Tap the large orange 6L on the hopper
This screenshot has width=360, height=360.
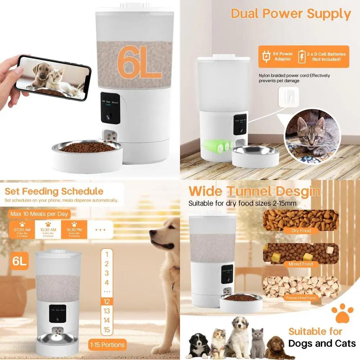(x=139, y=62)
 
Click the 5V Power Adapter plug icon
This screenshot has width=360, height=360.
(x=266, y=57)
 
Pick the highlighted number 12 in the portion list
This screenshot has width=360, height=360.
(x=107, y=302)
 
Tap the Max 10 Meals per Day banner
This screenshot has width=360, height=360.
(x=39, y=214)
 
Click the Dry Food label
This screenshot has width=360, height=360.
(x=301, y=230)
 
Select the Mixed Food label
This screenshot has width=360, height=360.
(x=301, y=264)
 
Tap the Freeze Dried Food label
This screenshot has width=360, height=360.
(x=301, y=298)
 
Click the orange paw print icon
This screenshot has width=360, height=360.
(x=342, y=313)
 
